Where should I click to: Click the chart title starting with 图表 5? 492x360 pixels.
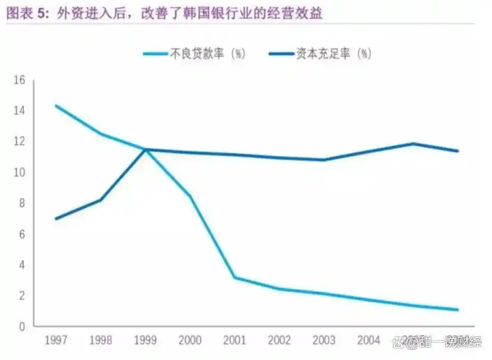pos(164,13)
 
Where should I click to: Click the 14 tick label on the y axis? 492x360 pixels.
pos(19,111)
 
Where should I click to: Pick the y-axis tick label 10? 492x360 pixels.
pos(19,172)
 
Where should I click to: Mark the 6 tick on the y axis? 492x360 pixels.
pos(21,234)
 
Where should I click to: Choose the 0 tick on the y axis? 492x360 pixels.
pos(21,327)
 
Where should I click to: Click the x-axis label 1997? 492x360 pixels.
pos(56,341)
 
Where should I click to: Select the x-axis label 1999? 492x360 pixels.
pos(145,341)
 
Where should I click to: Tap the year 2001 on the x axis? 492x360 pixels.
pos(235,341)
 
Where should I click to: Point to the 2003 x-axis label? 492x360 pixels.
pos(324,341)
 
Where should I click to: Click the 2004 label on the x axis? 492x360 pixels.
pos(369,341)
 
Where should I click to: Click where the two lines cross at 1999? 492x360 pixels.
pos(145,150)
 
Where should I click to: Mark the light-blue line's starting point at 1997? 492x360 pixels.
pos(56,105)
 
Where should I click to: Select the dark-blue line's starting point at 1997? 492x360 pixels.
pos(56,219)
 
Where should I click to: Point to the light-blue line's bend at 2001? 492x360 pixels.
pos(235,277)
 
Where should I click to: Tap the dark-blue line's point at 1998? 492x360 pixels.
pos(101,200)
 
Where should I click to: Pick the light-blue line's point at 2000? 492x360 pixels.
pos(190,195)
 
